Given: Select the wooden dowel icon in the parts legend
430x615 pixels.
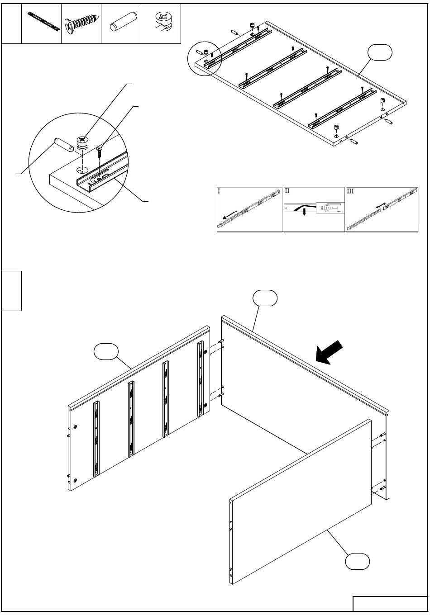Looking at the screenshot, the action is (123, 21).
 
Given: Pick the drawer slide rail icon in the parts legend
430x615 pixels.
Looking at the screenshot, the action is (44, 21).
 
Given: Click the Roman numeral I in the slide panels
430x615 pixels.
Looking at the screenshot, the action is (219, 191).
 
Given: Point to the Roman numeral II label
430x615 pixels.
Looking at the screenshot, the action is (287, 191).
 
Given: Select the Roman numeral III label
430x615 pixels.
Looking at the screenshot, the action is (350, 191).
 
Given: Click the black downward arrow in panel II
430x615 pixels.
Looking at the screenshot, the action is (304, 212).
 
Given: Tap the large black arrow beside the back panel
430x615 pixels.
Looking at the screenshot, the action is (329, 353).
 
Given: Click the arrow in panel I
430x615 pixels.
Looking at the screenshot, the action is (229, 215).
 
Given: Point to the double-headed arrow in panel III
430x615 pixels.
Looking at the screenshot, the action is (381, 206).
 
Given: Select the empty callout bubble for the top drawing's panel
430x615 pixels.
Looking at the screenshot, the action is (380, 52).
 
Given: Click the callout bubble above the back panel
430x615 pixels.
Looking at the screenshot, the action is (265, 298).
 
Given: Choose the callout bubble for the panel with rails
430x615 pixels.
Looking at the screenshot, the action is (106, 351).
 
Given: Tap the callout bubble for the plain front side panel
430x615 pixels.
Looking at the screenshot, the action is (357, 562).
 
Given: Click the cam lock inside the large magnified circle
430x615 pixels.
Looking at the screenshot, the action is (82, 143).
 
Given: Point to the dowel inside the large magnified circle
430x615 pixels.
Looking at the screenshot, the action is (63, 145).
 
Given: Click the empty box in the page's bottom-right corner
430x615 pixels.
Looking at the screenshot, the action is (390, 603).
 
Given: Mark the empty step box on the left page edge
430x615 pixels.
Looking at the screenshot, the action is (11, 291).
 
